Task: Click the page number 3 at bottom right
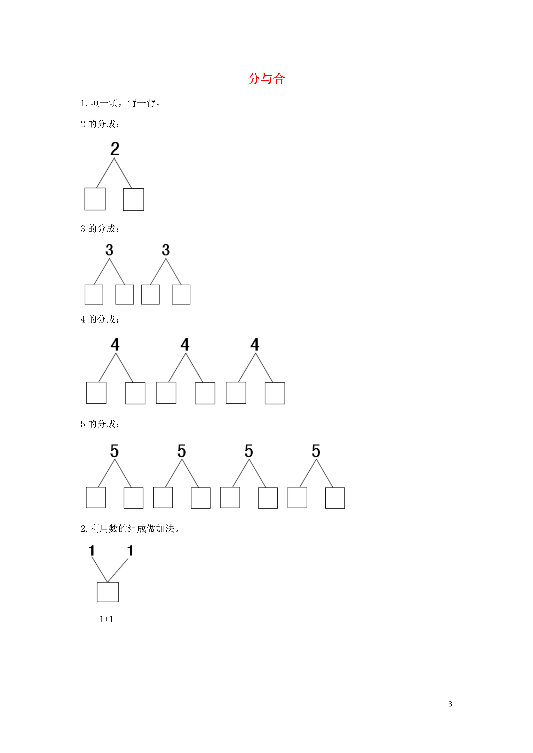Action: (x=450, y=704)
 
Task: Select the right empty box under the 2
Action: (x=133, y=199)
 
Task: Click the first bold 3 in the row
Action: (x=109, y=250)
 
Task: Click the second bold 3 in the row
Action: (x=166, y=250)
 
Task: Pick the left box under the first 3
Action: (x=94, y=295)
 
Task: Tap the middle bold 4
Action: (x=185, y=344)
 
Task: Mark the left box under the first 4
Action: (x=96, y=393)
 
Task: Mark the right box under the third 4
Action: (x=275, y=393)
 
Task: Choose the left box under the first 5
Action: (x=96, y=497)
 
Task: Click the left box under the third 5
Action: (x=230, y=497)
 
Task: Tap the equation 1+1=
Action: (x=109, y=619)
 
